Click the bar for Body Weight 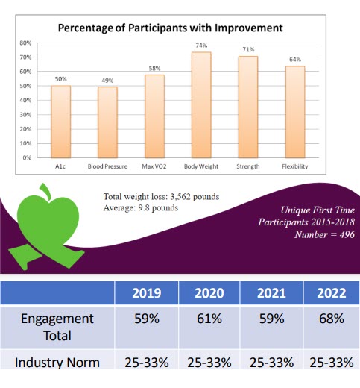[201, 105]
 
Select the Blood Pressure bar [107, 122]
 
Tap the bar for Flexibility [295, 112]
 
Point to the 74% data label [201, 46]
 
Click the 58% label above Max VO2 [154, 69]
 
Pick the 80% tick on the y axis [25, 43]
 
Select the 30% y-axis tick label [25, 115]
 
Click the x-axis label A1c [60, 166]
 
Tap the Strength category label [248, 166]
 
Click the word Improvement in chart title [249, 28]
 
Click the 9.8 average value [142, 207]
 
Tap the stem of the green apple [45, 191]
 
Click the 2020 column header [209, 293]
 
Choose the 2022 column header [332, 293]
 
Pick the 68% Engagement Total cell [332, 319]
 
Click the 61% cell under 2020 [209, 319]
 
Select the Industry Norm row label [57, 363]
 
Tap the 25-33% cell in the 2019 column [147, 363]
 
